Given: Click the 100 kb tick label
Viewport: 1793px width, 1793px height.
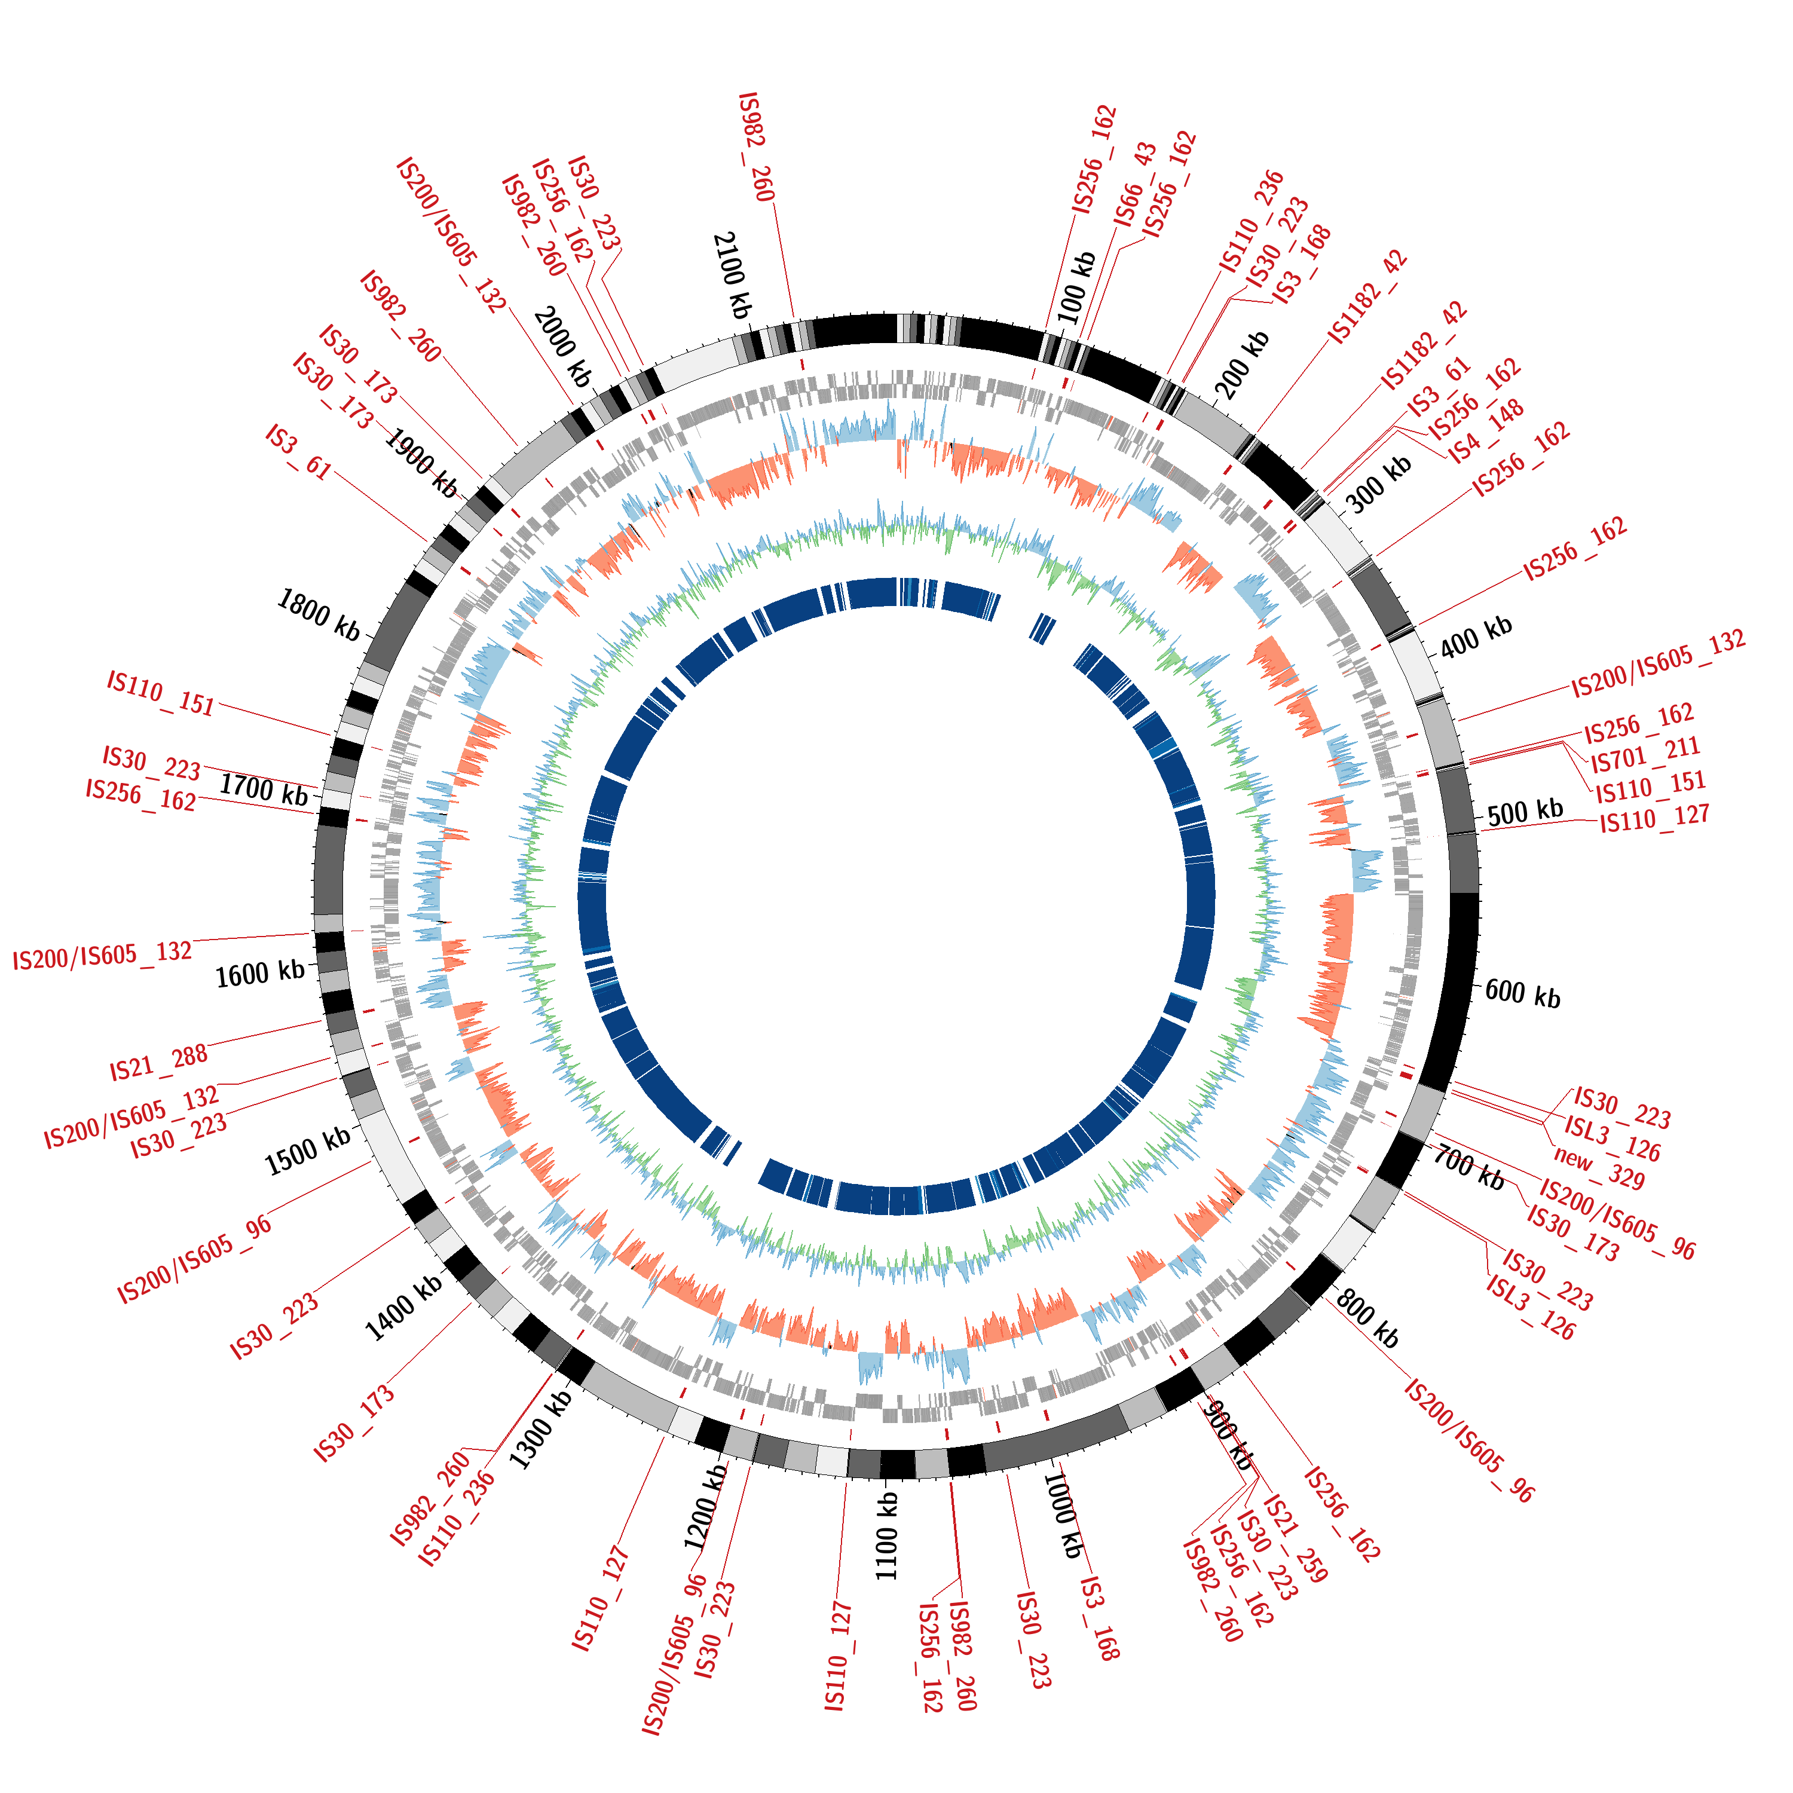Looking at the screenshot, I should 1076,287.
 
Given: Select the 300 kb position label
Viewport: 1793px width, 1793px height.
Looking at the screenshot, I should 1379,485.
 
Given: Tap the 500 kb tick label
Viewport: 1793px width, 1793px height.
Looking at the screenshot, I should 1525,813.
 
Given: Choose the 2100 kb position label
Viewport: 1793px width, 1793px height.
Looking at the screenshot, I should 732,276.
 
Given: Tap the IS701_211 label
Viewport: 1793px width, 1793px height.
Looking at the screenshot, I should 1645,754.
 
